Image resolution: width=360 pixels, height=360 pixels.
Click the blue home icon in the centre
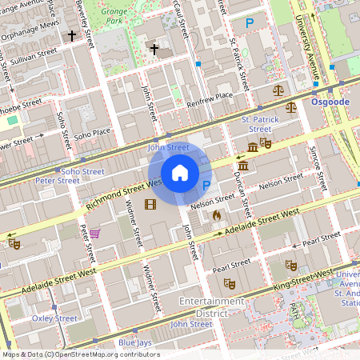[180, 173]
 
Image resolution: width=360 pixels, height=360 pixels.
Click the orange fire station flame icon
[216, 214]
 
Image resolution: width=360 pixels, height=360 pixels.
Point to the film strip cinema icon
[150, 204]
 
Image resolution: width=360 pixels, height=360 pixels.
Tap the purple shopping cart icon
[94, 234]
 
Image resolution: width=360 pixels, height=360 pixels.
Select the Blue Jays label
[135, 343]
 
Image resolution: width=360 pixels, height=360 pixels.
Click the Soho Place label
[93, 131]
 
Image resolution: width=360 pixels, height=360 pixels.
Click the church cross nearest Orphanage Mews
[72, 36]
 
